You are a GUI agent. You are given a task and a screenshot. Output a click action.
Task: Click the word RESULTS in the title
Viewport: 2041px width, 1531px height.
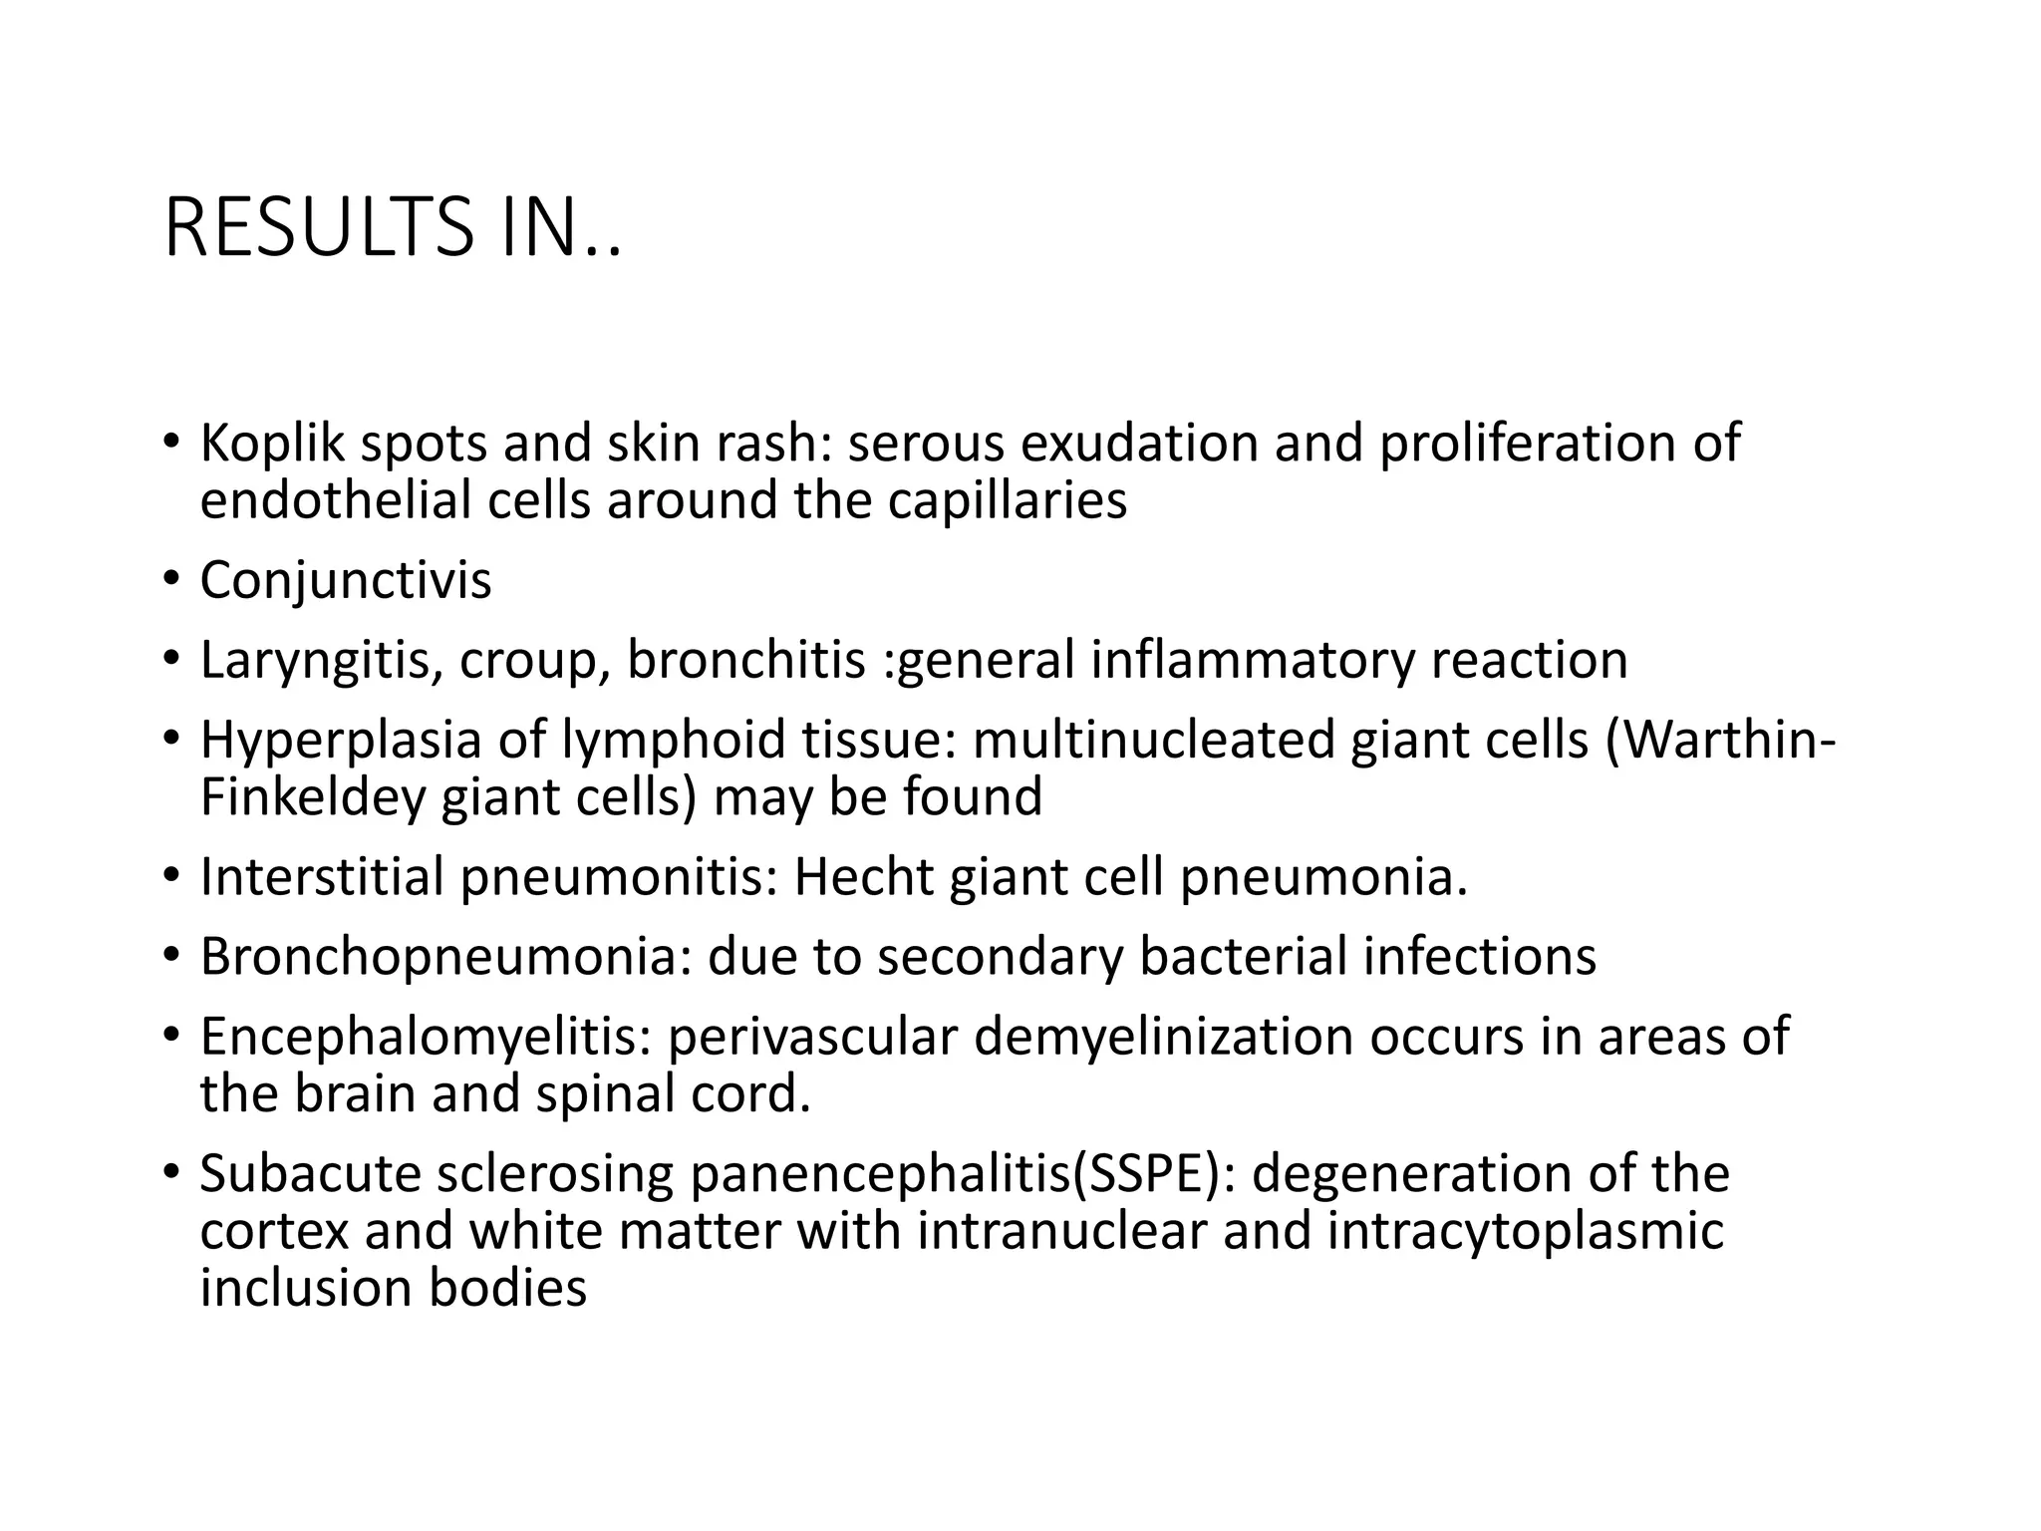pos(319,228)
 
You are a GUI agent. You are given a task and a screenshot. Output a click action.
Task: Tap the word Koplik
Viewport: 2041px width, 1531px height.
pos(271,444)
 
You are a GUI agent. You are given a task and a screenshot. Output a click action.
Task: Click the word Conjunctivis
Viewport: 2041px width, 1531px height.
pos(345,580)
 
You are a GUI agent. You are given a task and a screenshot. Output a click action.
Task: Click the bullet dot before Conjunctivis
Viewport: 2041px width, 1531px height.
pos(171,578)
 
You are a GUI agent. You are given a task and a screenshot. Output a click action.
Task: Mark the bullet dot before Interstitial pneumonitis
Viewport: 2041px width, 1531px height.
pos(171,875)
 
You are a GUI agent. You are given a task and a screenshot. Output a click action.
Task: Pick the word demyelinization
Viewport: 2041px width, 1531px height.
pos(1162,1037)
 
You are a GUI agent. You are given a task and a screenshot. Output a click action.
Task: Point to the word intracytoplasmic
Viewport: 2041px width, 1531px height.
pos(1525,1231)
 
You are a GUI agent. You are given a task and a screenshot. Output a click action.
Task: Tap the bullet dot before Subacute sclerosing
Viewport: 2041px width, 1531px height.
pos(171,1171)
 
